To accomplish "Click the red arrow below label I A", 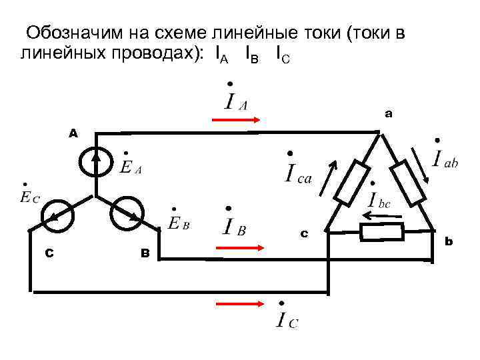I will coord(235,121).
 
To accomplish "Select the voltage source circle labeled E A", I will coord(97,160).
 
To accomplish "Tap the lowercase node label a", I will coord(389,115).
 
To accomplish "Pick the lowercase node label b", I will coord(449,241).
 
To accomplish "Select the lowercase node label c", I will coord(304,233).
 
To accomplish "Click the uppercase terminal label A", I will coord(73,133).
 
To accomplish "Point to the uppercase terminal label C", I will coord(49,253).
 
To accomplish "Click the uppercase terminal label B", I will coord(144,253).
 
